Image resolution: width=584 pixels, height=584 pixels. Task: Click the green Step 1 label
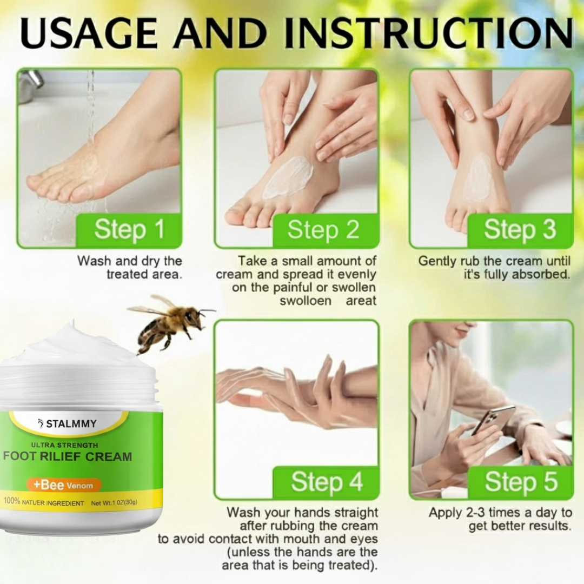tap(129, 230)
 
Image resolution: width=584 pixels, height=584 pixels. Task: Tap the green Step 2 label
tap(323, 230)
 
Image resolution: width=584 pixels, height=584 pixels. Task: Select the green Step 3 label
tap(519, 230)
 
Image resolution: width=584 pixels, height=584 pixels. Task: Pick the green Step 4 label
tap(326, 482)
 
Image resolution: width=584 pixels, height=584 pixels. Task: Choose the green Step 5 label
tap(520, 482)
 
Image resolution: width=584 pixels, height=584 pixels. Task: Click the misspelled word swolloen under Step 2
tap(305, 301)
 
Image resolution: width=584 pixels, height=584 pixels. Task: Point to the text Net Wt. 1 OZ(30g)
tap(114, 503)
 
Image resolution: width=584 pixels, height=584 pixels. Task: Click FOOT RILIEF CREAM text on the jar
tap(67, 456)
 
